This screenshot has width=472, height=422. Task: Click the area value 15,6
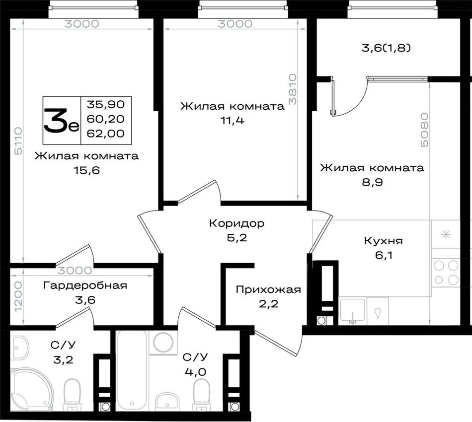point(86,171)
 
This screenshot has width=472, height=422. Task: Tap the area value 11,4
point(233,121)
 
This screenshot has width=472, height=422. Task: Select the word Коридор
point(236,223)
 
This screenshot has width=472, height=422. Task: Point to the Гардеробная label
point(85,285)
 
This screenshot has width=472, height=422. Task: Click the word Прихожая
point(268,289)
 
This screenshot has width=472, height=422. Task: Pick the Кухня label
point(384,241)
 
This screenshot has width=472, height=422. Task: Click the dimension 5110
point(18,141)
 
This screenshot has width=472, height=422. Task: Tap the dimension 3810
point(293,89)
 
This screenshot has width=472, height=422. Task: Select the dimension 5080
point(424,130)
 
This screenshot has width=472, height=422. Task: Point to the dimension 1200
point(18,297)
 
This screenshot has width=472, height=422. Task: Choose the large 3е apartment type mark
point(62,120)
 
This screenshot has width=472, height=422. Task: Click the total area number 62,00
point(106,133)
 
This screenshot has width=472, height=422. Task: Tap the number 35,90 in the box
point(106,104)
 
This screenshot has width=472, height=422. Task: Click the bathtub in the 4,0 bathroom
point(132,370)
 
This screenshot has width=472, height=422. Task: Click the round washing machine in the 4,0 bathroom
point(163,342)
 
